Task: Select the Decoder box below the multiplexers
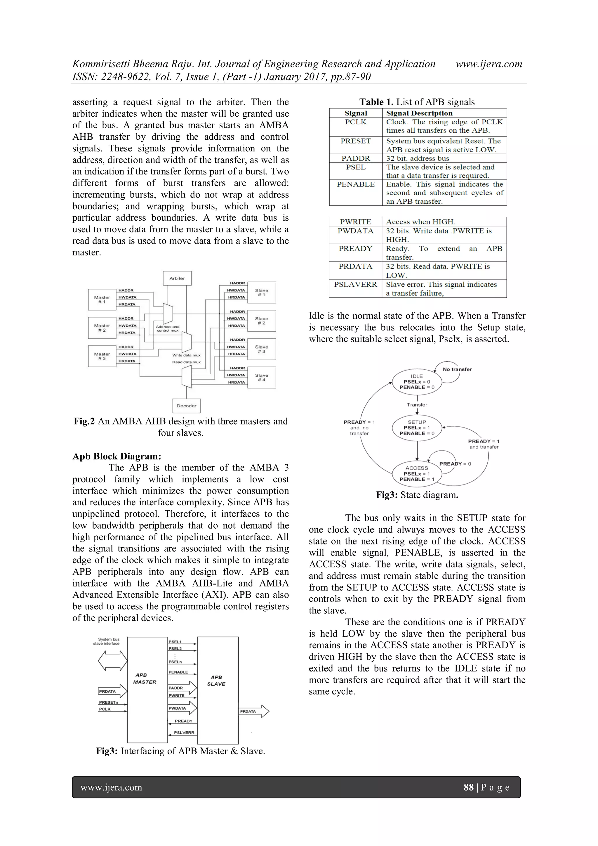coord(186,406)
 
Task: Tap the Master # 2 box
coord(102,328)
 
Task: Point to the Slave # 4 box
coord(261,377)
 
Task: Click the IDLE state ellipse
coord(417,382)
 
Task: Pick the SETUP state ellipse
coord(417,428)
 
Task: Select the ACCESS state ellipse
coord(417,473)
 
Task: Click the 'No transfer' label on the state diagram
coord(457,369)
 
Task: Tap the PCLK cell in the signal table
coord(356,122)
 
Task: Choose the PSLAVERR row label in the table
coord(355,284)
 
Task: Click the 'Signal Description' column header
coord(419,113)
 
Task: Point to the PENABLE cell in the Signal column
coord(356,184)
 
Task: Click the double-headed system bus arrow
coord(113,661)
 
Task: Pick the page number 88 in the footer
coord(468,788)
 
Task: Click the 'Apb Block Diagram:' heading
coord(117,456)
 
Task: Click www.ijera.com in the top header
coord(489,64)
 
